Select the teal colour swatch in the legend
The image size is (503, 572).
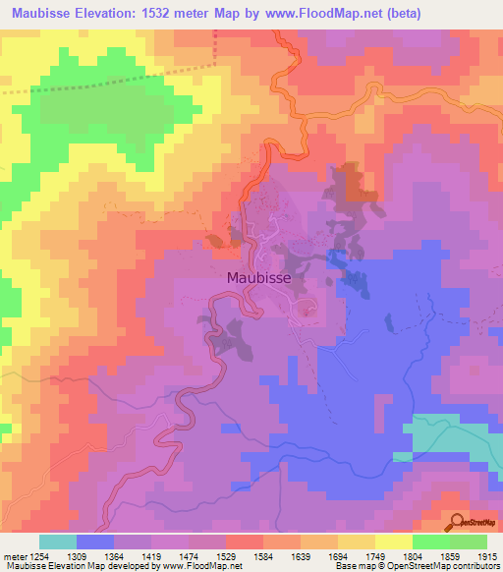57,542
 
